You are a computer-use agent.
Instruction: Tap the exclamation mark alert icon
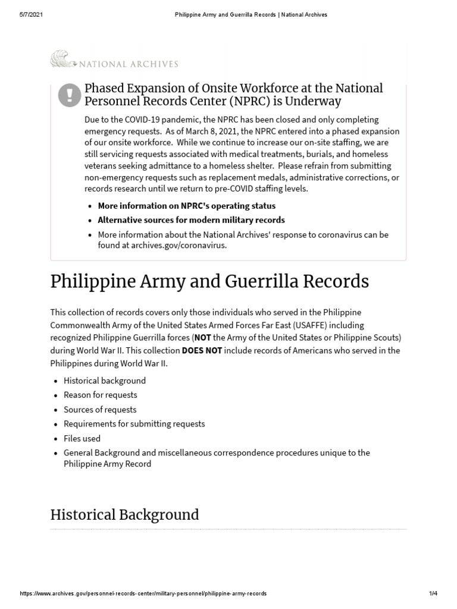(70, 95)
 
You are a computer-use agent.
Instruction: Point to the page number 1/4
(433, 594)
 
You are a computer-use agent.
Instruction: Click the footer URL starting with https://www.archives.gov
(143, 594)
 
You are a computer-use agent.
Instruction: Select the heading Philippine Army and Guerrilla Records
(209, 281)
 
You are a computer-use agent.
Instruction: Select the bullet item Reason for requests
(100, 395)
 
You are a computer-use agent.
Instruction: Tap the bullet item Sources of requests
(100, 409)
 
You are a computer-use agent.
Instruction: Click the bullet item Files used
(82, 438)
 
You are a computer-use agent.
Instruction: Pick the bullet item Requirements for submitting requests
(134, 423)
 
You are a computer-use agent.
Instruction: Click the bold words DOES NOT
(202, 350)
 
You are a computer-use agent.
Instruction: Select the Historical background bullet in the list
(105, 381)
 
